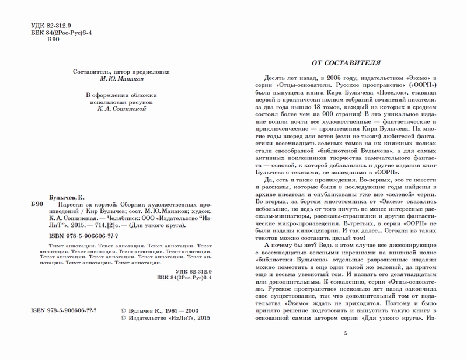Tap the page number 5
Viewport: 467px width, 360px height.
(x=345, y=333)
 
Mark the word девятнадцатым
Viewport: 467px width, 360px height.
(x=402, y=273)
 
